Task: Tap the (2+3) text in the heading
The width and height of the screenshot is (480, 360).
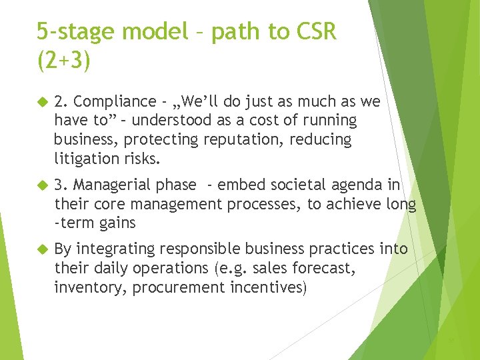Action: pos(63,61)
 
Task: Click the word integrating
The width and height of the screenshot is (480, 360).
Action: pos(112,249)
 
